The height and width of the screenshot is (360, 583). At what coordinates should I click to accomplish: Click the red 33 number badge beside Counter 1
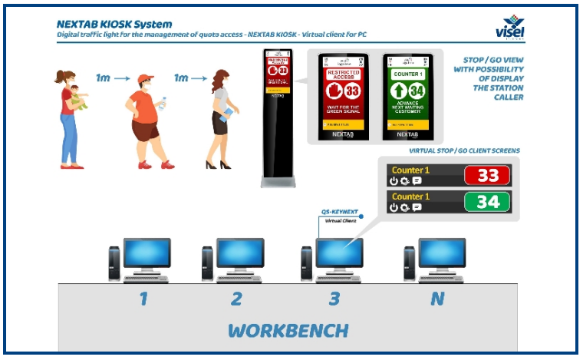[x=488, y=175]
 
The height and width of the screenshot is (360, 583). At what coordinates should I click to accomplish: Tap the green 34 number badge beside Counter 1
[x=488, y=202]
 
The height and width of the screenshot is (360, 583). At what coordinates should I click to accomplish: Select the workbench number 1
[x=143, y=299]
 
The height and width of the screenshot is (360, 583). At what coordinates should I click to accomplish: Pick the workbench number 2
[x=237, y=299]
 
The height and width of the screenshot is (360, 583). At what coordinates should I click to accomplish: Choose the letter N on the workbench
[x=437, y=299]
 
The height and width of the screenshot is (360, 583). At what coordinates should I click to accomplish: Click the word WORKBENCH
[x=288, y=331]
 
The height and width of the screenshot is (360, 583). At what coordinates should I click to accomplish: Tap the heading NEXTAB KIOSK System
[x=114, y=23]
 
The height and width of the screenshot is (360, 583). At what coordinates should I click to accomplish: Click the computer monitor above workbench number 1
[x=147, y=253]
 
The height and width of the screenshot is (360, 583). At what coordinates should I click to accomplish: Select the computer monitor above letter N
[x=443, y=253]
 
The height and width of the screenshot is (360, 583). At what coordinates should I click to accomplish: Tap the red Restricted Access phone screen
[x=344, y=96]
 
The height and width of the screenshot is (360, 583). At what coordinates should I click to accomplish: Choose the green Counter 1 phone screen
[x=409, y=96]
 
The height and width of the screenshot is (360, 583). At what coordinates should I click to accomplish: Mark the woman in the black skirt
[x=221, y=118]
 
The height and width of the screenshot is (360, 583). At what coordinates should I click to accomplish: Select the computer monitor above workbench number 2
[x=240, y=253]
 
